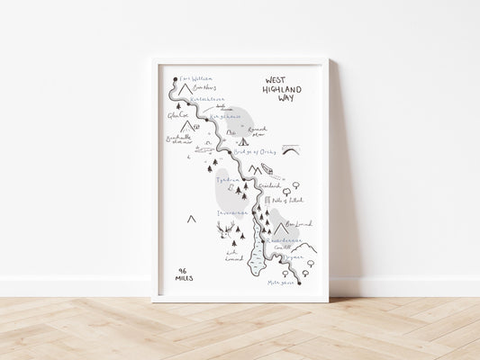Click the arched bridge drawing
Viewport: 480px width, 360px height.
(293, 151)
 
